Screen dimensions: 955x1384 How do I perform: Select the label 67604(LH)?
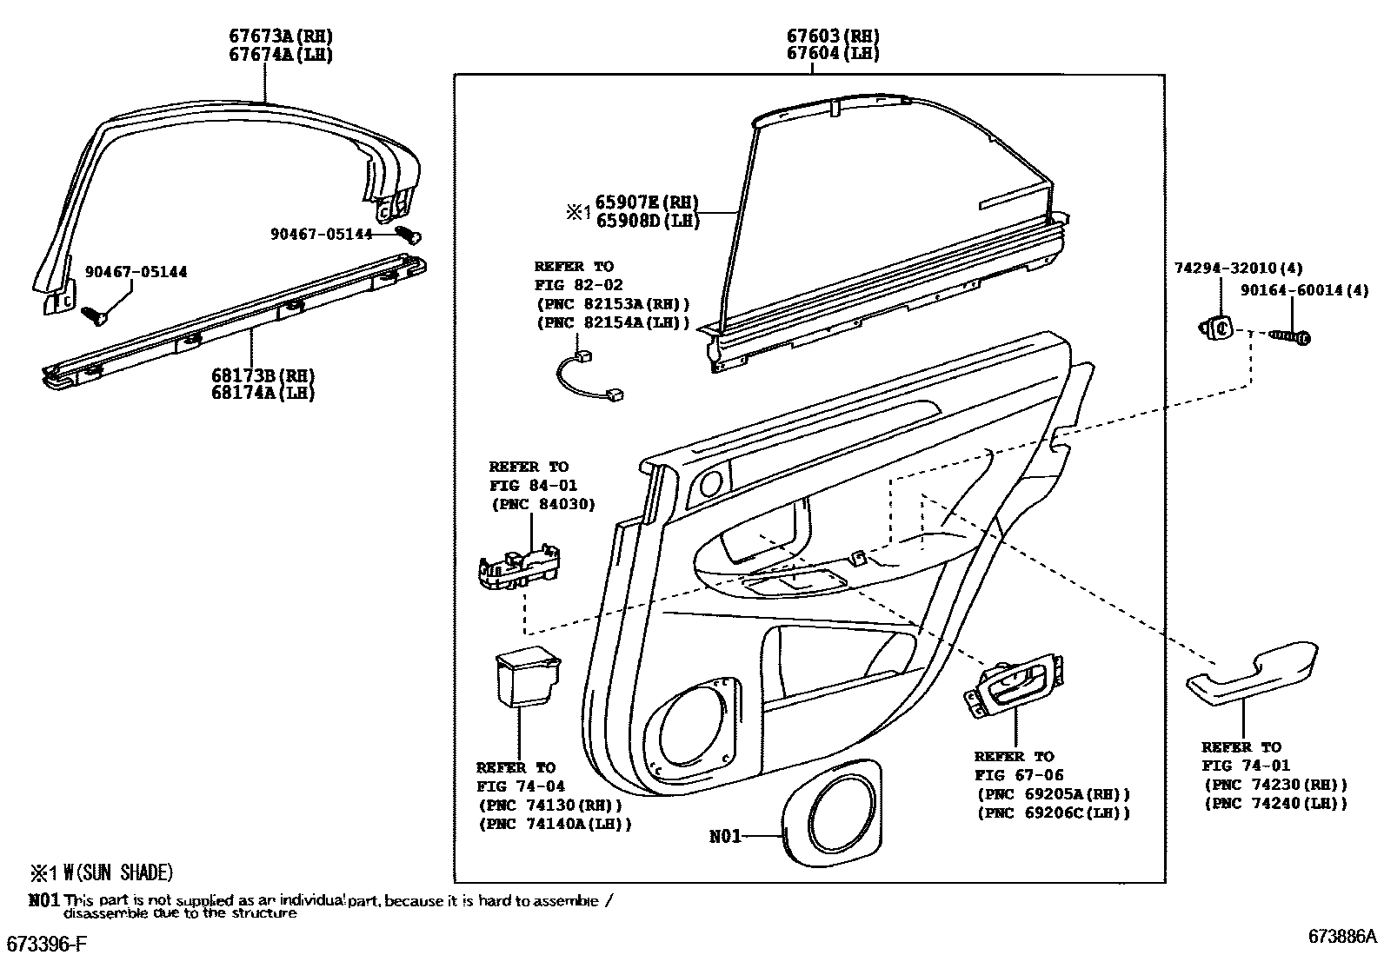833,53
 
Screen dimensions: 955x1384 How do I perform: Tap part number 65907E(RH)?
647,202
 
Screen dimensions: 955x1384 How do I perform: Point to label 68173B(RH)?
263,375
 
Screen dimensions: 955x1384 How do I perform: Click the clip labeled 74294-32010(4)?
1219,328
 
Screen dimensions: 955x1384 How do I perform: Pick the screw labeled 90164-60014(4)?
1289,335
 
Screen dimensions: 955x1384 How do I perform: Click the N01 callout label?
726,836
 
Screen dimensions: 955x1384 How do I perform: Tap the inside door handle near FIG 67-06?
1015,686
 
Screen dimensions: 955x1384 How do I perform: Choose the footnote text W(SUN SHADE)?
118,872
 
